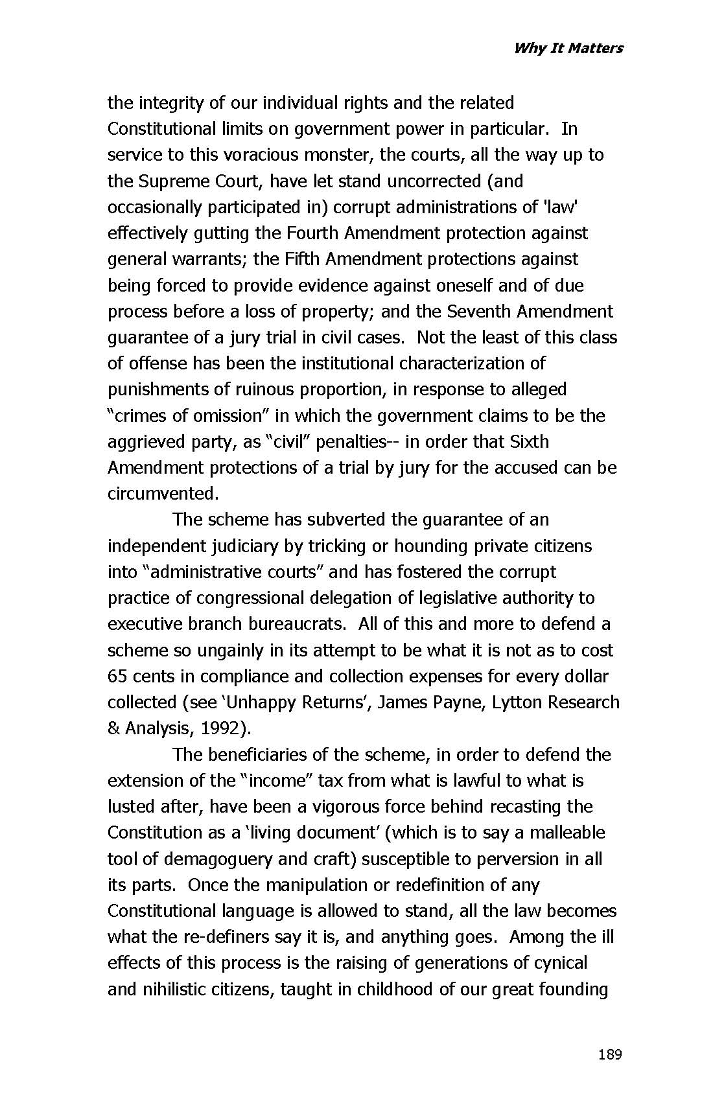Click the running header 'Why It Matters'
[x=568, y=48]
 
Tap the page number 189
[x=610, y=1054]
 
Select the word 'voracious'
[x=259, y=155]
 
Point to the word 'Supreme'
[x=172, y=181]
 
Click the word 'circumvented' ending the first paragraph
[x=162, y=494]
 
